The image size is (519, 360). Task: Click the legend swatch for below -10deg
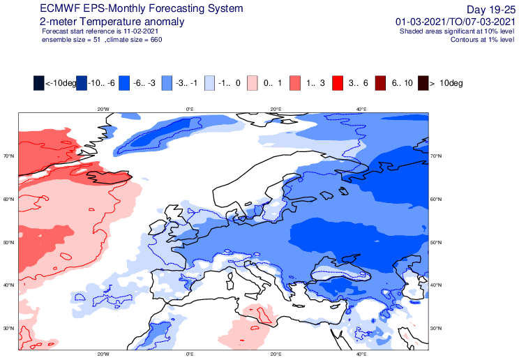pos(39,83)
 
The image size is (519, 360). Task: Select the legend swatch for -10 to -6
pos(82,83)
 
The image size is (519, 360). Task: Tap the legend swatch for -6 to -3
pos(124,83)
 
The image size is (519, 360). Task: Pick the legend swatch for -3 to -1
pos(167,83)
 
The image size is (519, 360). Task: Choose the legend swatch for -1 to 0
pos(209,83)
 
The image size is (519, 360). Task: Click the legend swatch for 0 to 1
pos(253,83)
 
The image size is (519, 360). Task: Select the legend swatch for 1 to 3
pos(295,83)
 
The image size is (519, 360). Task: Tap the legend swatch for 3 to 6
pos(338,83)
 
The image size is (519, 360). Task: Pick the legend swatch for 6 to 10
pos(380,83)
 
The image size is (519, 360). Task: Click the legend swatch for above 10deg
pos(423,83)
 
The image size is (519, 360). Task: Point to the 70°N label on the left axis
pos(9,156)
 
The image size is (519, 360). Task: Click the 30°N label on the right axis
pos(435,328)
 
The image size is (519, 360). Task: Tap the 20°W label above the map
pos(103,110)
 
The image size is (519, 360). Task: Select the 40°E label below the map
pos(361,354)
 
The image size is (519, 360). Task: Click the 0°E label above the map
pos(190,110)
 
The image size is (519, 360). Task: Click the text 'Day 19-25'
pos(491,9)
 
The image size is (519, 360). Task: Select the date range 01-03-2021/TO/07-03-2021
pos(456,22)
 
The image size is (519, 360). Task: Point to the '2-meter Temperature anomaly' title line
pos(112,22)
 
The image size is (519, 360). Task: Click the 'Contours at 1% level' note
pos(482,40)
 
